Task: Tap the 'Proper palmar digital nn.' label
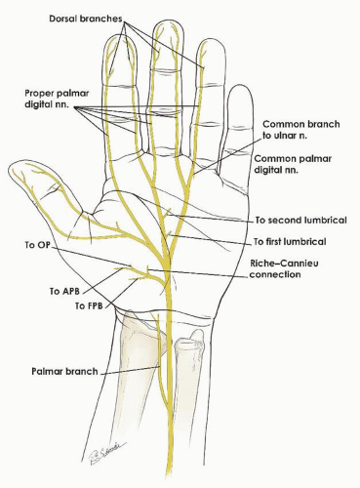tap(57, 97)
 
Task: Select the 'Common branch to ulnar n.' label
tap(299, 132)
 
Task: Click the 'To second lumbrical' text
tap(300, 222)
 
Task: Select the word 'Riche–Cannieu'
tap(281, 264)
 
